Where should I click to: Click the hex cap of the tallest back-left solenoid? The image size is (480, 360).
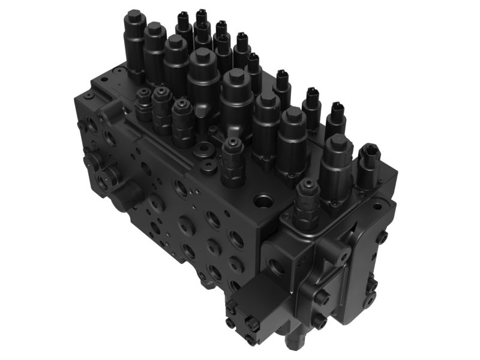pos(134,14)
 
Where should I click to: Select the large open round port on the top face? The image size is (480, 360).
pos(263,199)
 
